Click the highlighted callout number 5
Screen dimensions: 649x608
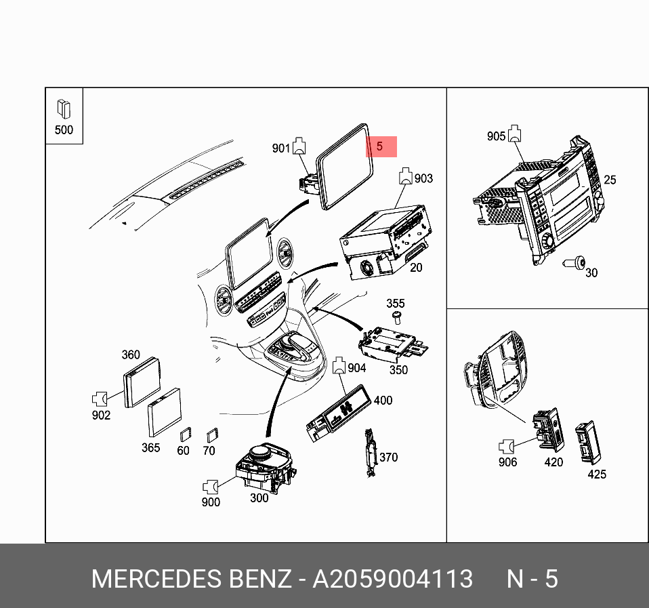click(x=380, y=146)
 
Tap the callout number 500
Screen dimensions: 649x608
click(x=64, y=130)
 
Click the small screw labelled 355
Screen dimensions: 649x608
click(x=396, y=317)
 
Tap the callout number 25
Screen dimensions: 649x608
click(x=610, y=180)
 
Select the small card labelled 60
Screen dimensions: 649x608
click(x=185, y=436)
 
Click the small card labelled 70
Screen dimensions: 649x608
click(x=211, y=435)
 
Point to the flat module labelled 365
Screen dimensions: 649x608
click(x=165, y=413)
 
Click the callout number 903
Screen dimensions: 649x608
click(x=423, y=178)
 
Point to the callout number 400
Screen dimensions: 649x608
click(x=383, y=401)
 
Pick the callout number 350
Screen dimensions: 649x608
click(x=398, y=369)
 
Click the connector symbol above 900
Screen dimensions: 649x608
click(x=211, y=486)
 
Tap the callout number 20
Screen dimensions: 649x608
click(x=415, y=268)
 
